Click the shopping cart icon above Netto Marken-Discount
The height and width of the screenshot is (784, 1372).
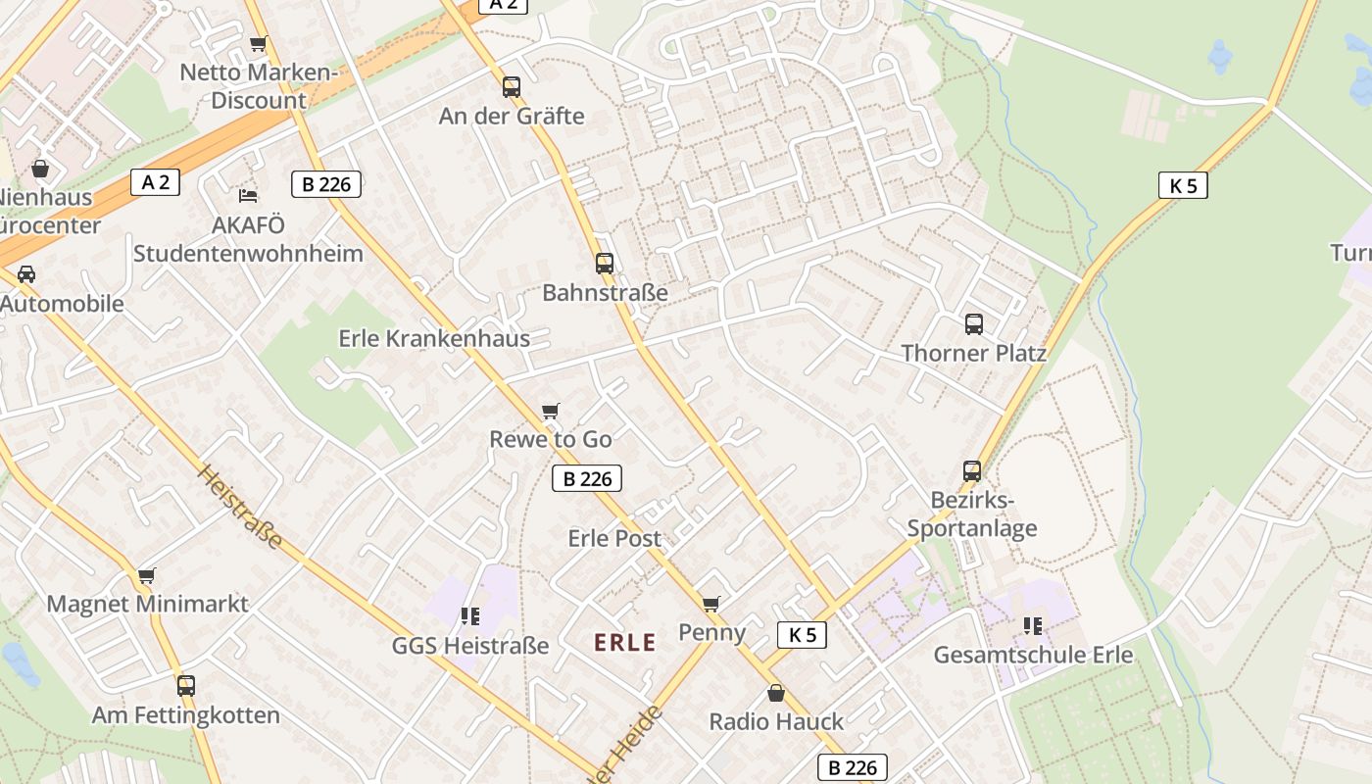[258, 43]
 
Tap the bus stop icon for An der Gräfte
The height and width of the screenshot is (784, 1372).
[511, 87]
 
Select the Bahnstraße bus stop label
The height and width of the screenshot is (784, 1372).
[605, 292]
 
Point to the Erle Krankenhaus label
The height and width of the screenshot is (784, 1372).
[434, 338]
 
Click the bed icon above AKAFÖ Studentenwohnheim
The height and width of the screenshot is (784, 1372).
[248, 196]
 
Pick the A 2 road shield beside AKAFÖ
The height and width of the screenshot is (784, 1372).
[155, 182]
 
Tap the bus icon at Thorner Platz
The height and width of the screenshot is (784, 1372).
[973, 324]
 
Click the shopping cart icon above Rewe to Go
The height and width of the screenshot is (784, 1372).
[551, 411]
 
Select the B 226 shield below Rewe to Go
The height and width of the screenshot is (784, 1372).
[586, 478]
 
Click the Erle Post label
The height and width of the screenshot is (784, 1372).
[614, 538]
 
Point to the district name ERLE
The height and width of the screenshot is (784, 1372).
[625, 643]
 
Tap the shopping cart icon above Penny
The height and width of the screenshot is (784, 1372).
[710, 604]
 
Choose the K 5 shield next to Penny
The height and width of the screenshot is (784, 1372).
[802, 635]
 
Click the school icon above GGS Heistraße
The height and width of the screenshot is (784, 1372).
[469, 616]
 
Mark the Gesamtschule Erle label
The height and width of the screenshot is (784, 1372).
[1033, 655]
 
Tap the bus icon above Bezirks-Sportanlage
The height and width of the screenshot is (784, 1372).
[971, 471]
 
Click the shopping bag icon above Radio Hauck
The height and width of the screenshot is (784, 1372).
[776, 693]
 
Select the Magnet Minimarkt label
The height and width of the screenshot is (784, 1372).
[148, 604]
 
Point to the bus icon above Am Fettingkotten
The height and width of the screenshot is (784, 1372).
[186, 686]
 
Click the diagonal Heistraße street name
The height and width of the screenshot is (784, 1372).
[240, 506]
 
